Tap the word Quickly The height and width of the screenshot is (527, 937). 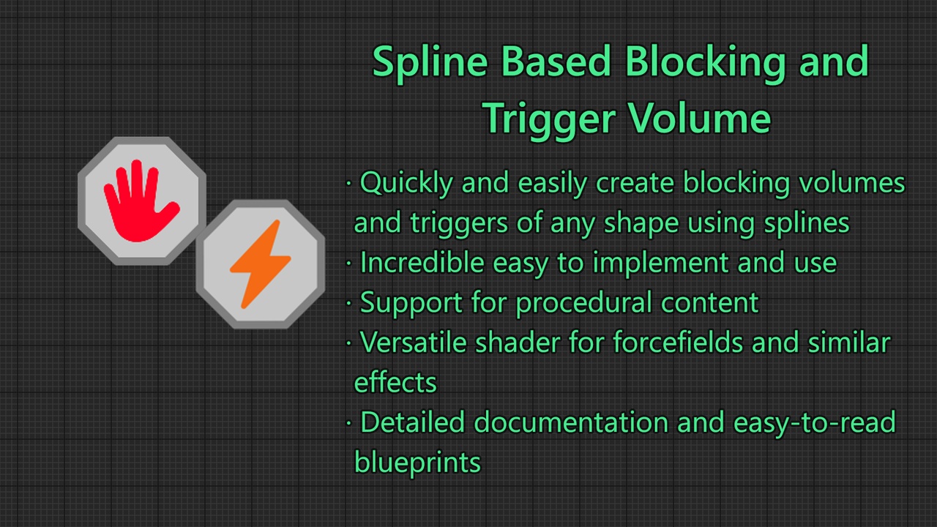[406, 184]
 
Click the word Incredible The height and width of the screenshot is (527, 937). [422, 263]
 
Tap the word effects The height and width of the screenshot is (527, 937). [395, 382]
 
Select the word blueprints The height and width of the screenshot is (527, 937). [417, 463]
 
